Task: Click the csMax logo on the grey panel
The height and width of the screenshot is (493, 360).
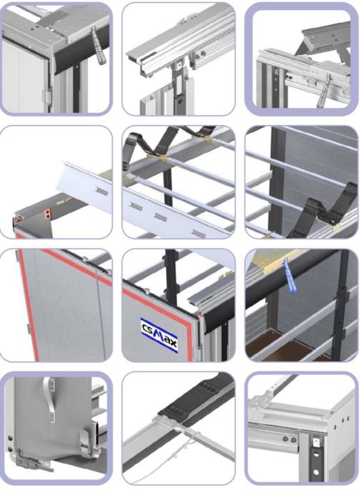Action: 160,335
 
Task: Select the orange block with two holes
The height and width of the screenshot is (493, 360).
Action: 47,214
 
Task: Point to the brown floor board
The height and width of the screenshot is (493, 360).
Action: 280,346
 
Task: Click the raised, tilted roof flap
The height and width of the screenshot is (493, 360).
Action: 324,38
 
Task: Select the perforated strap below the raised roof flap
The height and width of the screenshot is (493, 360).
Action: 323,91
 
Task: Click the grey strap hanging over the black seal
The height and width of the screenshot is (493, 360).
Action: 98,46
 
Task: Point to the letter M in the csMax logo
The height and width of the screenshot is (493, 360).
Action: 160,335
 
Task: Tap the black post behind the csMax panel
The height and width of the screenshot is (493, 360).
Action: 171,277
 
